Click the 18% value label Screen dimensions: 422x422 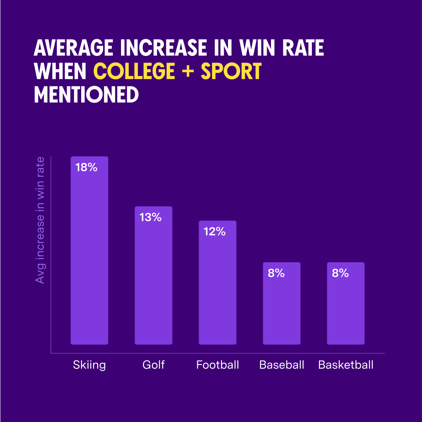(86, 168)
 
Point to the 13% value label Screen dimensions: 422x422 (151, 217)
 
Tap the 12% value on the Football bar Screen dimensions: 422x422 (215, 232)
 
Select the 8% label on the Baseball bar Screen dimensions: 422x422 (276, 273)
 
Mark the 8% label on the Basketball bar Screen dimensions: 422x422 (340, 273)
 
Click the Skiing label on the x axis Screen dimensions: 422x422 (89, 365)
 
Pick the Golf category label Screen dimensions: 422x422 (153, 365)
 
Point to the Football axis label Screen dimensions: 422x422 (217, 365)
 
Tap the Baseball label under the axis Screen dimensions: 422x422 (281, 365)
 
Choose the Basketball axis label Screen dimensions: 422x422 (346, 365)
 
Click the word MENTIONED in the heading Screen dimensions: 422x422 (86, 95)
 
